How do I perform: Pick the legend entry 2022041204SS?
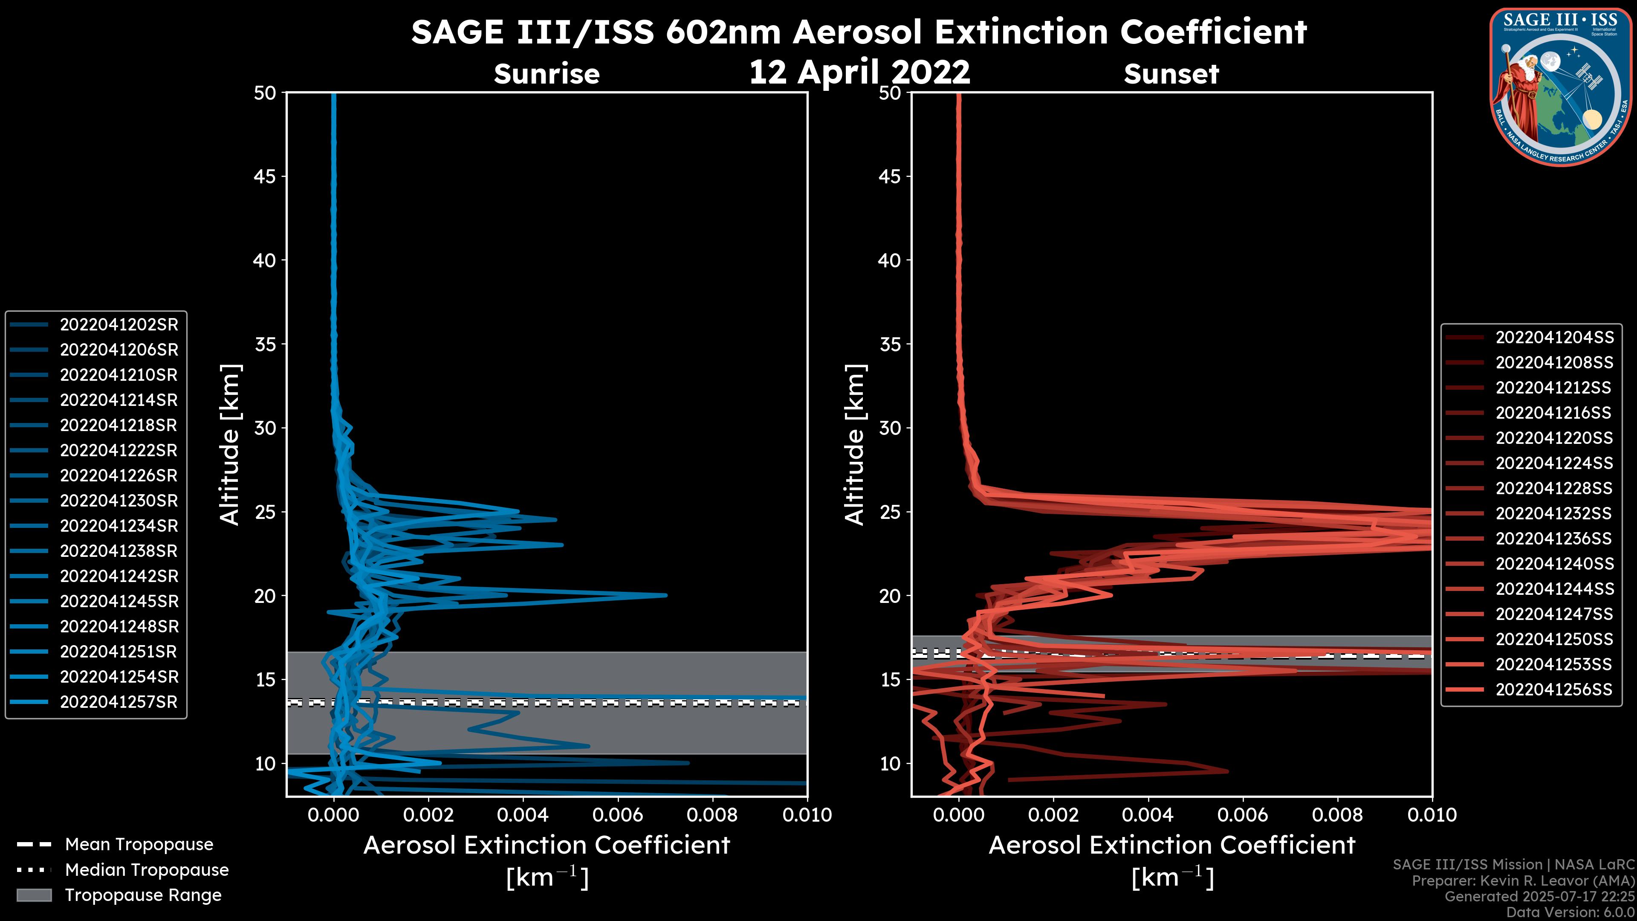pos(1554,338)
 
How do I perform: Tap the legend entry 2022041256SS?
pos(1554,689)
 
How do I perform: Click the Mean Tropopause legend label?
pos(139,845)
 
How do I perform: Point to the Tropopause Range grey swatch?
pos(34,895)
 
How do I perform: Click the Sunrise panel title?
pos(547,74)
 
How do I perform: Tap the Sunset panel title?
pos(1171,74)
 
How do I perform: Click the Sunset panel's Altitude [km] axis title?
pos(855,445)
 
